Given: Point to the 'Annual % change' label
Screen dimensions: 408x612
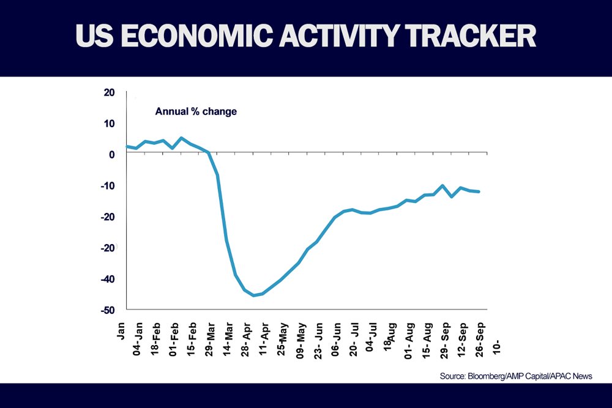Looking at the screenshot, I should pyautogui.click(x=196, y=112).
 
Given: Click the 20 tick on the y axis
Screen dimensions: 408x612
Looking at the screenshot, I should pyautogui.click(x=109, y=93).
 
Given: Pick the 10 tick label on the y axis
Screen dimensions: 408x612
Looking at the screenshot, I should pyautogui.click(x=109, y=124).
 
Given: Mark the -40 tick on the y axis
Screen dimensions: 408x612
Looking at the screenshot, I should pyautogui.click(x=107, y=279).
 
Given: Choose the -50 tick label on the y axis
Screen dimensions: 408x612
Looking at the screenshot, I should pyautogui.click(x=107, y=310).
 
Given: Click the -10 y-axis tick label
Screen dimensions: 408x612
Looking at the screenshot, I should pyautogui.click(x=107, y=186).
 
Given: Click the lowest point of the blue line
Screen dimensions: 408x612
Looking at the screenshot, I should pyautogui.click(x=253, y=295).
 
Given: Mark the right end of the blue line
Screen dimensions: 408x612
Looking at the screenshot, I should pyautogui.click(x=479, y=191).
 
